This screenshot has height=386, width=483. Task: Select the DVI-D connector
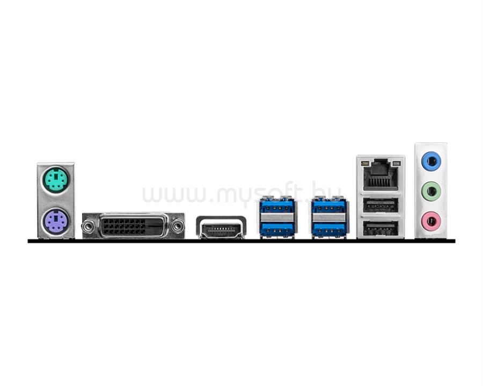click(133, 226)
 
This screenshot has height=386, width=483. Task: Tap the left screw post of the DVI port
click(89, 227)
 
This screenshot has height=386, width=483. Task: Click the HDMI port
click(221, 227)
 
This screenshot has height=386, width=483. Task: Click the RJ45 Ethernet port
click(380, 174)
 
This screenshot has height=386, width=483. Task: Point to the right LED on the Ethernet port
click(396, 163)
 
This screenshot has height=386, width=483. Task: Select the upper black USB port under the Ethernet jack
click(380, 205)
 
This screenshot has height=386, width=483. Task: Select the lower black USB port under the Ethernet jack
click(380, 228)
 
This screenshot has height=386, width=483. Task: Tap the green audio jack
click(431, 191)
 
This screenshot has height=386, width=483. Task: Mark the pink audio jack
click(431, 221)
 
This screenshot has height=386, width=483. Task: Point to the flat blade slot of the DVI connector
click(155, 225)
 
